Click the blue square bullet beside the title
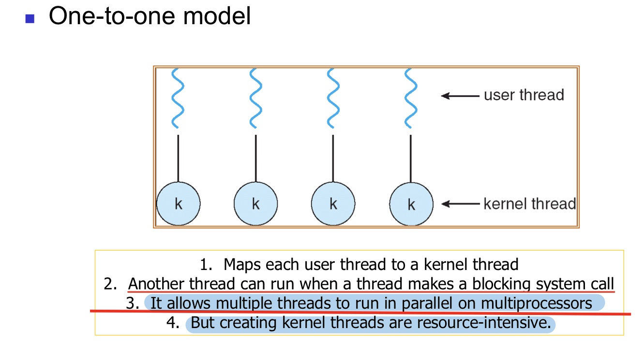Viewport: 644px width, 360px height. pyautogui.click(x=30, y=19)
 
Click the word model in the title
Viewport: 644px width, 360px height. pyautogui.click(x=217, y=16)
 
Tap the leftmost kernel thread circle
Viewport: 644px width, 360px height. pyautogui.click(x=178, y=204)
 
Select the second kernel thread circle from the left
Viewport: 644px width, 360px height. pyautogui.click(x=255, y=204)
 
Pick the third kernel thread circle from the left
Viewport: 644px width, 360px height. pyautogui.click(x=333, y=204)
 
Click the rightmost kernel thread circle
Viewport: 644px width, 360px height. pyautogui.click(x=411, y=204)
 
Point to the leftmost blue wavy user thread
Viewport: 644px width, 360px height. pyautogui.click(x=178, y=98)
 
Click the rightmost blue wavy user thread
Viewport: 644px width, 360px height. pyautogui.click(x=411, y=98)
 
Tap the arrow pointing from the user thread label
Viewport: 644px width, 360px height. pyautogui.click(x=460, y=96)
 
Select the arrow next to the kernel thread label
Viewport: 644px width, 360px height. pyautogui.click(x=460, y=204)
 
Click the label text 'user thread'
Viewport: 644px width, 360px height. pyautogui.click(x=524, y=95)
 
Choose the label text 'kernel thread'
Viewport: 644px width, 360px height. pyautogui.click(x=530, y=204)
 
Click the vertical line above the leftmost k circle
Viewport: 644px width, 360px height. pyautogui.click(x=178, y=158)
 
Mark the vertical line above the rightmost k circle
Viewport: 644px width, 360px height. pyautogui.click(x=411, y=158)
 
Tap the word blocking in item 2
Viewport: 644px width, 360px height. pyautogui.click(x=501, y=284)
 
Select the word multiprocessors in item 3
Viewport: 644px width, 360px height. pyautogui.click(x=537, y=304)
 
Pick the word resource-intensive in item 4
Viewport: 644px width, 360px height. pyautogui.click(x=484, y=322)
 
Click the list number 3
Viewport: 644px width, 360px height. pyautogui.click(x=133, y=303)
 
